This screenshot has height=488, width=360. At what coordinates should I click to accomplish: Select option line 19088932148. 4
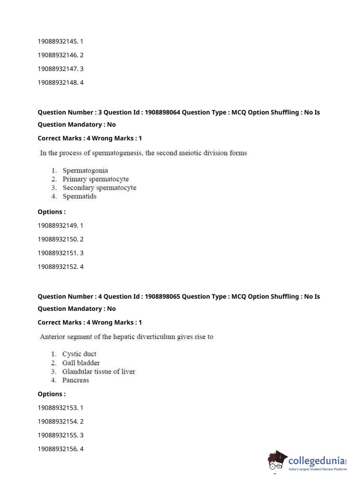coord(60,82)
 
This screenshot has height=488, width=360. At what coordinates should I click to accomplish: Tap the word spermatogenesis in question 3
coord(117,153)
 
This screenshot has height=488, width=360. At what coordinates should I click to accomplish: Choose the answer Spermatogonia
coord(85,170)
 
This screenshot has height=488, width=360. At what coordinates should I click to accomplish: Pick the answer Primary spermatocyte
coord(95,179)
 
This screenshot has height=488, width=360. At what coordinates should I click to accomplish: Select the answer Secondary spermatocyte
coord(99,187)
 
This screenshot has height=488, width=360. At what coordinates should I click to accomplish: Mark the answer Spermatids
coord(79,196)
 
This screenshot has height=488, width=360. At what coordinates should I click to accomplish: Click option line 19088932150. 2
coord(60,239)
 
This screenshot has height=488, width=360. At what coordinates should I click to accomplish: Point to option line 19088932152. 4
coord(60,267)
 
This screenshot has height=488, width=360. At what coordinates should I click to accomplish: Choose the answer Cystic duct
coord(79,354)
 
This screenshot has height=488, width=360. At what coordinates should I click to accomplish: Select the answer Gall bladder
coord(81,363)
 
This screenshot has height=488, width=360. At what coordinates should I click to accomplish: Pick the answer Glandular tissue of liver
coord(99,371)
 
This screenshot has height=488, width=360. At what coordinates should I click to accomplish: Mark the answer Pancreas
coord(76,380)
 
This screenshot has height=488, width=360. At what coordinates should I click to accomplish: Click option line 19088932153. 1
coord(60,408)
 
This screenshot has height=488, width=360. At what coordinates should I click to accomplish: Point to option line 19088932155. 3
coord(60,435)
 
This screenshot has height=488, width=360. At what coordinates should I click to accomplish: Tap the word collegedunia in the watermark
coord(316,461)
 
